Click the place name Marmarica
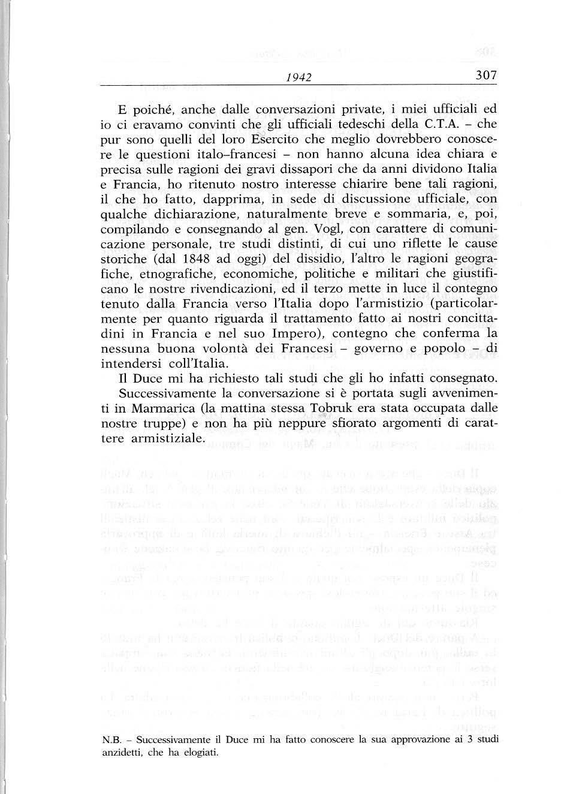click(160, 409)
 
